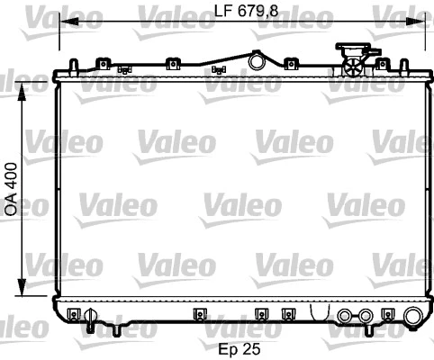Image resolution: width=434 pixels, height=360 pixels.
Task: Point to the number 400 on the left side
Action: coord(12,175)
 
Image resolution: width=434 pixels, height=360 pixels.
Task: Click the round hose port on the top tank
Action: coord(258,62)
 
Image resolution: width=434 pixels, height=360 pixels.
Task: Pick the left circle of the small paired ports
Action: coord(347,316)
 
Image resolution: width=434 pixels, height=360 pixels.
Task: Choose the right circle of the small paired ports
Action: coord(365,316)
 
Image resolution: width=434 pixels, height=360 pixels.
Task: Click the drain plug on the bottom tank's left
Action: coord(89,316)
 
